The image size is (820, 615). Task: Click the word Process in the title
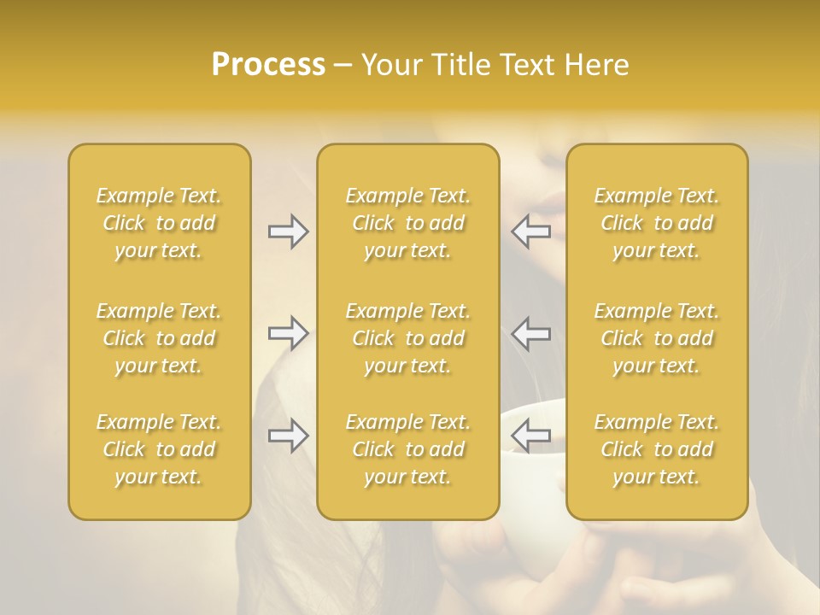click(268, 65)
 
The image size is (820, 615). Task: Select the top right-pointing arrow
click(289, 231)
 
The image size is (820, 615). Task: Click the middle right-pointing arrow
click(289, 333)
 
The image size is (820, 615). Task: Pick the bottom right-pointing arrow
click(289, 436)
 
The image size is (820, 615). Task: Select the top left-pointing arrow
click(531, 231)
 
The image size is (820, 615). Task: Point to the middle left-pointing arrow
click(531, 333)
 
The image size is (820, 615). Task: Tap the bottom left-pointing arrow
click(531, 436)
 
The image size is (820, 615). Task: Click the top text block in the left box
click(159, 223)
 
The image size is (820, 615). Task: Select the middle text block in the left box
click(159, 338)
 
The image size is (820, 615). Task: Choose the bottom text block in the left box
click(159, 449)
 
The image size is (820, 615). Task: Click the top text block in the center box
click(408, 223)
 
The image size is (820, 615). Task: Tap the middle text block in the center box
click(408, 338)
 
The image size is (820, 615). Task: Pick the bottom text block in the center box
click(408, 449)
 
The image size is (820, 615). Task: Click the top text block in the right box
click(657, 223)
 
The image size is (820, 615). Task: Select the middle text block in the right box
click(657, 338)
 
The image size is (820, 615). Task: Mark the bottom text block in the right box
click(657, 449)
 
